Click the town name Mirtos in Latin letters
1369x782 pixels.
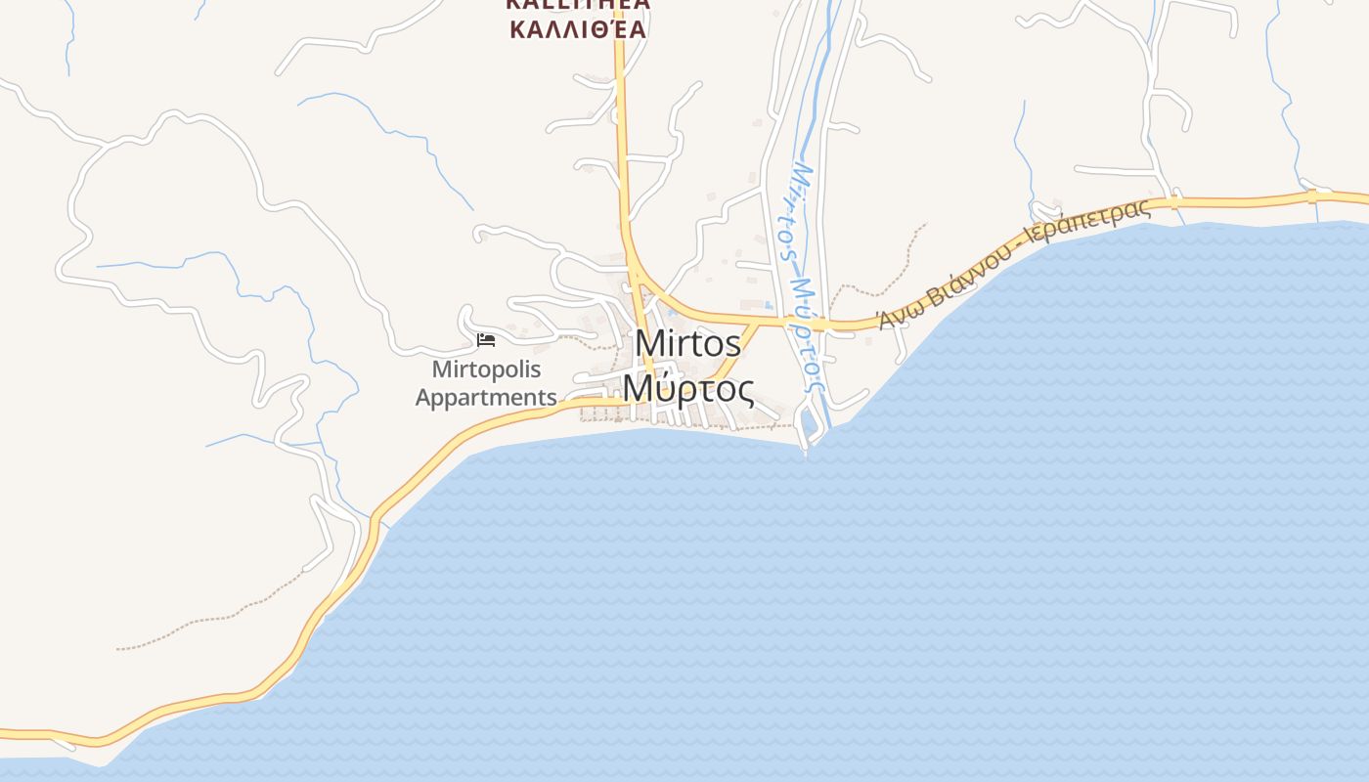click(687, 344)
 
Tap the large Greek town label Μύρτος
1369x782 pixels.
click(687, 390)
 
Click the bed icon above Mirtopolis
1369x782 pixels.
click(486, 340)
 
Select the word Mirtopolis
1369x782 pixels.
click(486, 370)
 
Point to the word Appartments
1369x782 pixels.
click(486, 398)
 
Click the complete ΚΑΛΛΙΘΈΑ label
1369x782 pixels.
click(578, 28)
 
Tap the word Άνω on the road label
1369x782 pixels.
click(893, 315)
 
